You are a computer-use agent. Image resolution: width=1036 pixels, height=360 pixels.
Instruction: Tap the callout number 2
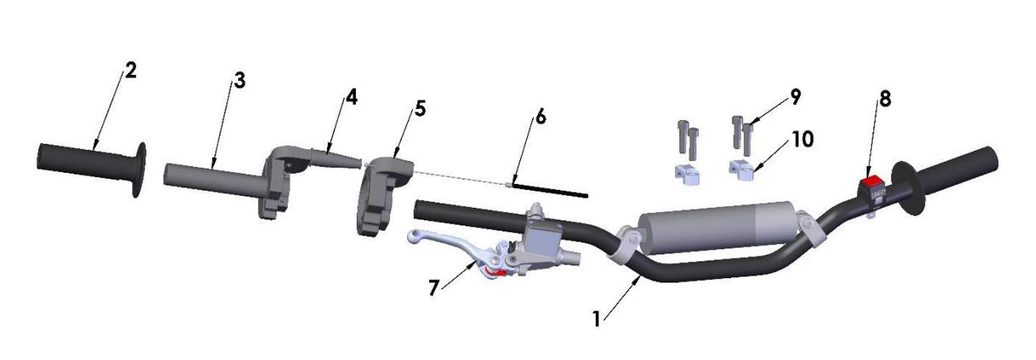130,71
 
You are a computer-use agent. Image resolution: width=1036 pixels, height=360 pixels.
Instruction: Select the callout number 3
239,82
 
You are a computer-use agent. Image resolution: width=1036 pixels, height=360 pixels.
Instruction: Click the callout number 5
421,110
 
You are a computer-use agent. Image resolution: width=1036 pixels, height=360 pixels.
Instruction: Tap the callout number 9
795,96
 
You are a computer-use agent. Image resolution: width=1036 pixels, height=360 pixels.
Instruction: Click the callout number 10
800,138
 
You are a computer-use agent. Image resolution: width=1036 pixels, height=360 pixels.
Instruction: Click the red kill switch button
871,180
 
